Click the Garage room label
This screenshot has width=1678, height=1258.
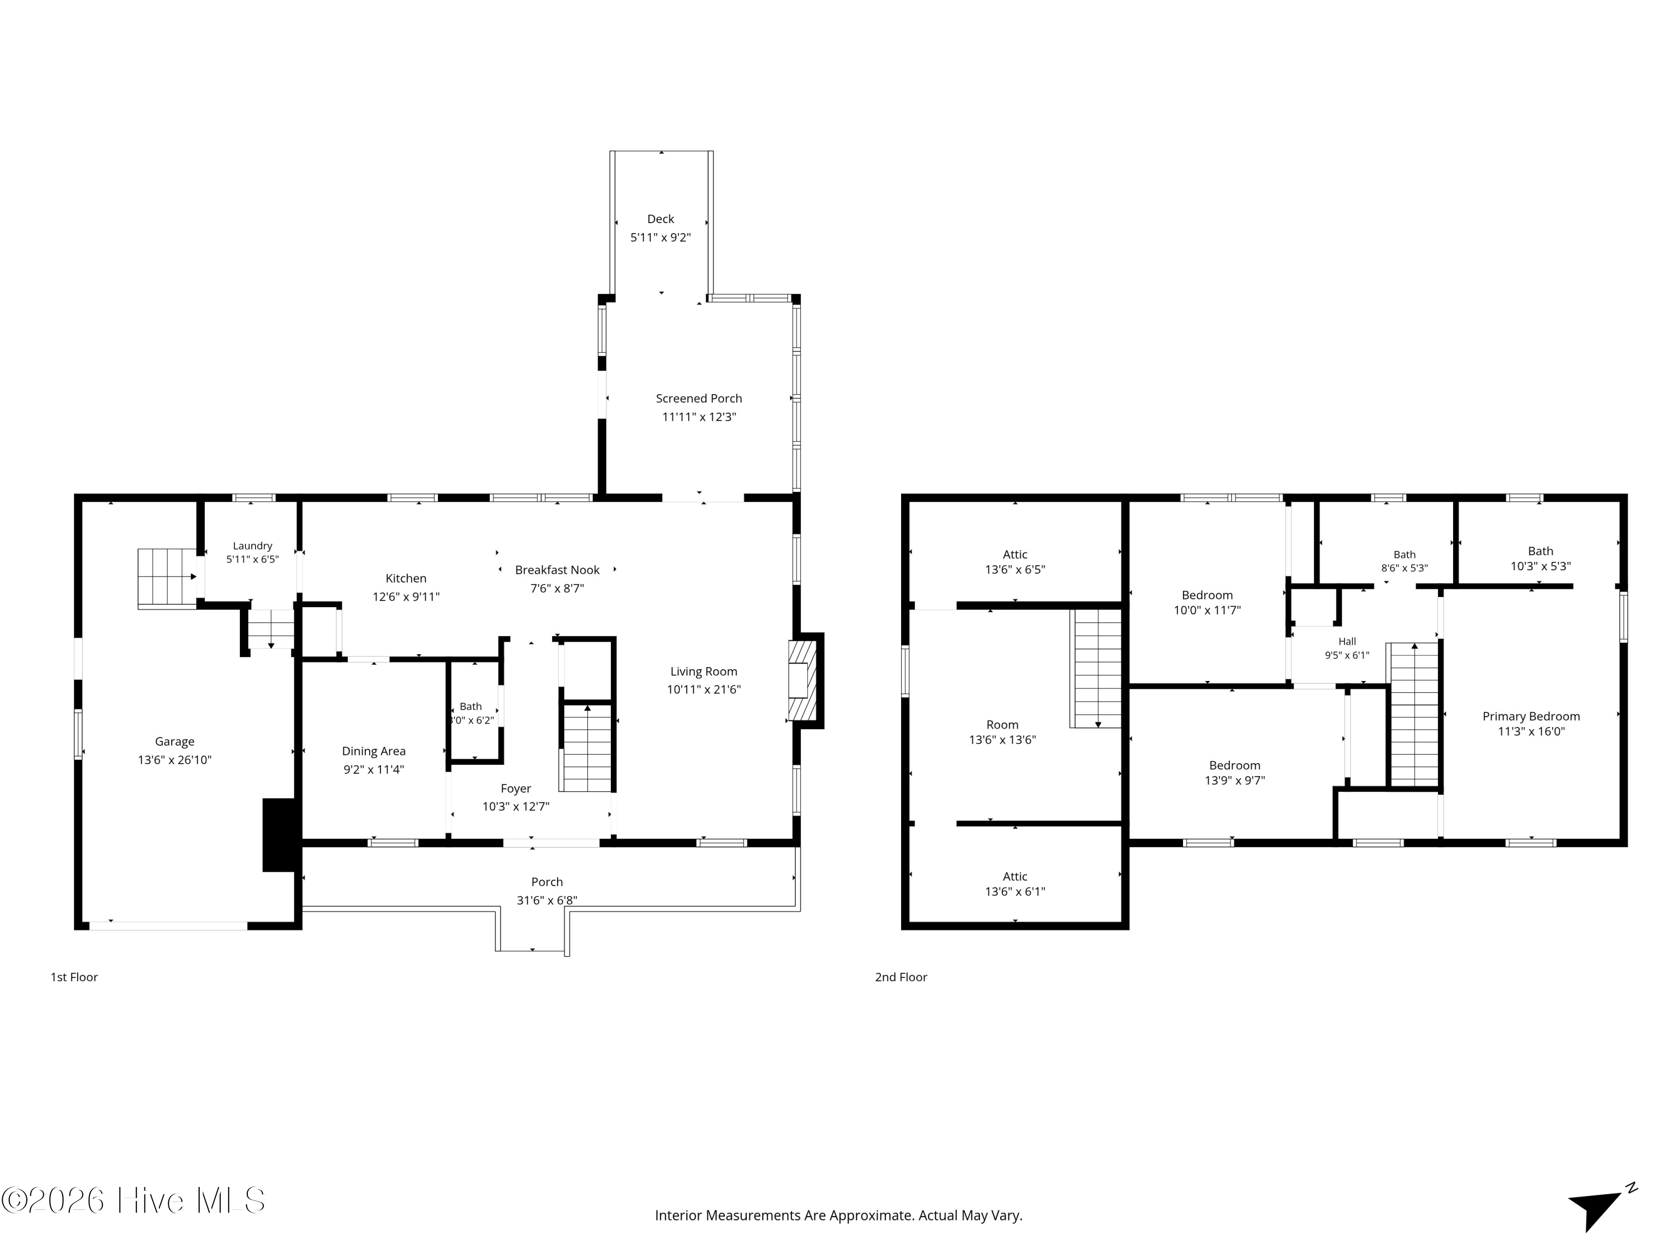click(175, 741)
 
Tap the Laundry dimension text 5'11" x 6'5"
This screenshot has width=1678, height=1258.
click(253, 560)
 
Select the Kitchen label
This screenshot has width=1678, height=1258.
click(406, 579)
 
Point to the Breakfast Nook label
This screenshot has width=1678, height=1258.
click(558, 570)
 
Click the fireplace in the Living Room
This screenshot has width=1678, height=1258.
click(803, 681)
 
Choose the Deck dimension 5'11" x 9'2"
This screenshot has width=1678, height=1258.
click(661, 238)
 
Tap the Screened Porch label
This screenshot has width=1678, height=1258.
click(699, 398)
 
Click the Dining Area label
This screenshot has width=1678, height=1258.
click(374, 751)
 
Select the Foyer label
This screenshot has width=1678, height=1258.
click(516, 788)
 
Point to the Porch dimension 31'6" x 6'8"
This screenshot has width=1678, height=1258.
click(547, 901)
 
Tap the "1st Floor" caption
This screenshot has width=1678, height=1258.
click(74, 977)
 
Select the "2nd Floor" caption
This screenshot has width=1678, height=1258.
click(901, 977)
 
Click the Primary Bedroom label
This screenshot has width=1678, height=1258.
click(1531, 717)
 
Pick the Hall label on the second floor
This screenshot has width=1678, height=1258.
click(1347, 641)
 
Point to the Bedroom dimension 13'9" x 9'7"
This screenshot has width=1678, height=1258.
click(1235, 781)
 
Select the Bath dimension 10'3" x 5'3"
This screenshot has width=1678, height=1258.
click(1541, 566)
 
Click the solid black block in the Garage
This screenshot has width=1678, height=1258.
click(279, 835)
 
